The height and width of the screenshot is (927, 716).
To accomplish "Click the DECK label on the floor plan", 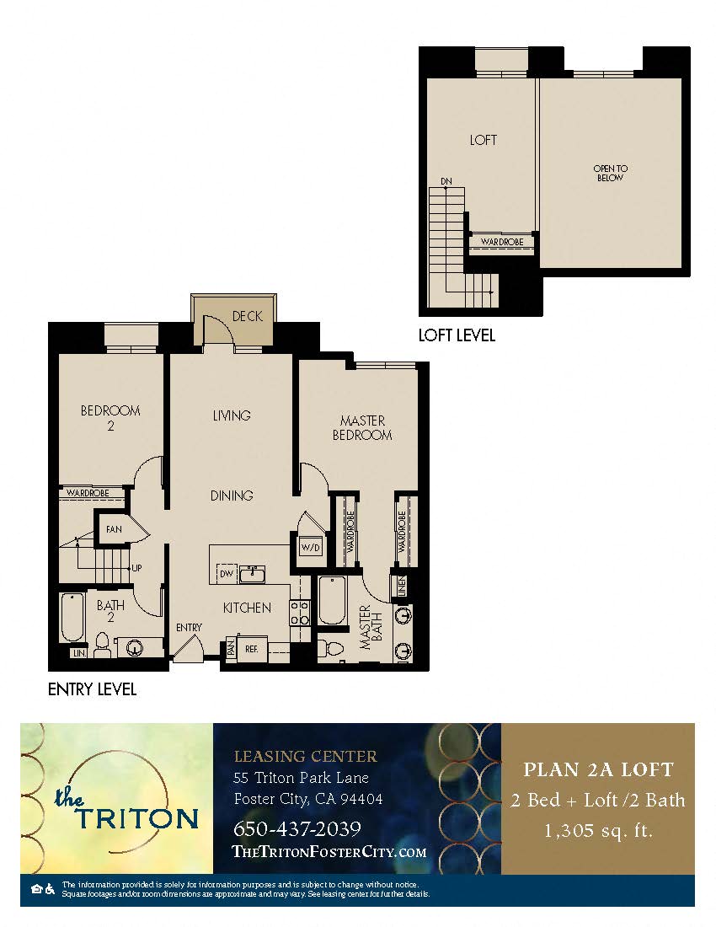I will click(247, 316).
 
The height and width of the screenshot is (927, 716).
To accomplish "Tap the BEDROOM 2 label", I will click(110, 418).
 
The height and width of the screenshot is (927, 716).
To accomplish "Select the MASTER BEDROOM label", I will click(362, 427).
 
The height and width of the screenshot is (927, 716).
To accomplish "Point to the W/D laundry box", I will click(310, 547).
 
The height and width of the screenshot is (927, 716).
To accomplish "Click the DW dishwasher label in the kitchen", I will click(226, 574).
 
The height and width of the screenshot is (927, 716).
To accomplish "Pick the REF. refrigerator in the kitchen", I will click(252, 649).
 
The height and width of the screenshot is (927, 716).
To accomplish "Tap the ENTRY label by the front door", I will click(189, 627).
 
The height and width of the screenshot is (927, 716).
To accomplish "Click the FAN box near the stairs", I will click(114, 529).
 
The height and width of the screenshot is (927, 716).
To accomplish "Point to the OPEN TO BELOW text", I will click(610, 174).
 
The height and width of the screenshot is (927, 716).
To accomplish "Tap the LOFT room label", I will click(484, 140).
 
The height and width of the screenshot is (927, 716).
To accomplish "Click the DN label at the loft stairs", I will click(446, 181).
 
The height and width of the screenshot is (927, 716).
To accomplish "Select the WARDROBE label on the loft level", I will click(501, 242).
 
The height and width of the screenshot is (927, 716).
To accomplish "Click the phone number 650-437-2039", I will click(297, 828).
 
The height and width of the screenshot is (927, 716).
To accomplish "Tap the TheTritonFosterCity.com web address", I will click(329, 851).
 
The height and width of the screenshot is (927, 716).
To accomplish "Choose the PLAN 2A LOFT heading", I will click(598, 769).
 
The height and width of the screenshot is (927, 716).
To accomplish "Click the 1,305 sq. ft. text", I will click(598, 830).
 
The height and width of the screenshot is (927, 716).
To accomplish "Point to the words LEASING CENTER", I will click(306, 756).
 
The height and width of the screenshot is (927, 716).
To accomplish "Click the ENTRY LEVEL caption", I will click(92, 689).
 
